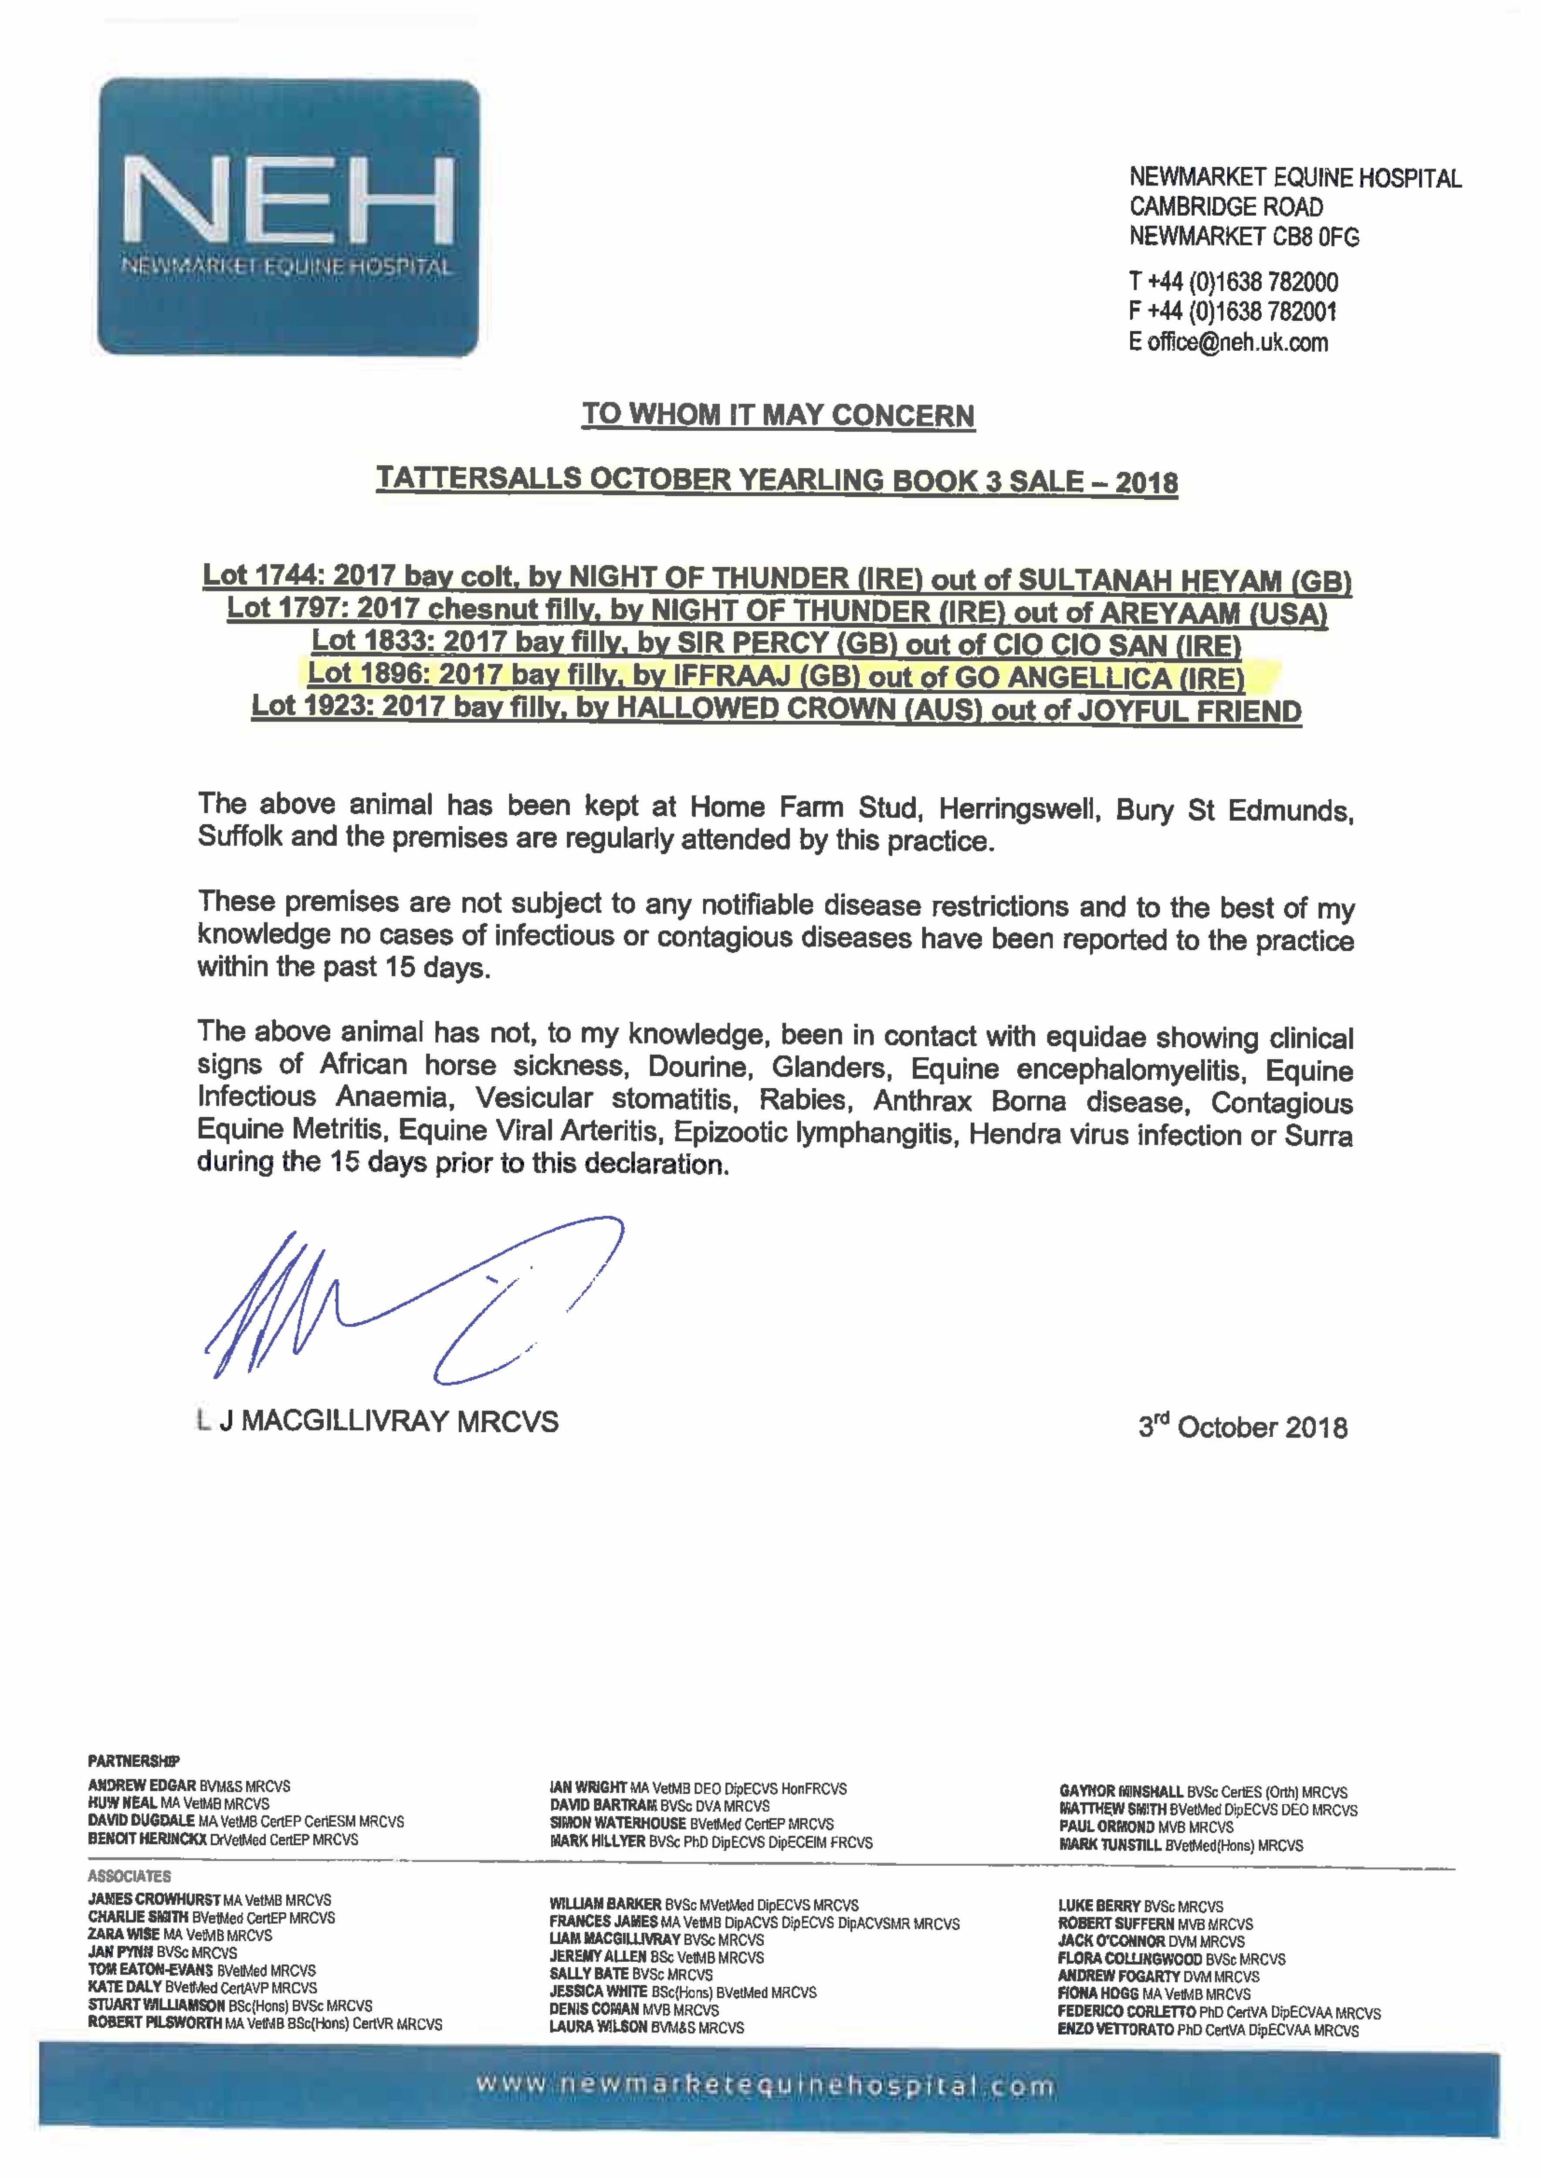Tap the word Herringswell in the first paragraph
point(1020,809)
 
